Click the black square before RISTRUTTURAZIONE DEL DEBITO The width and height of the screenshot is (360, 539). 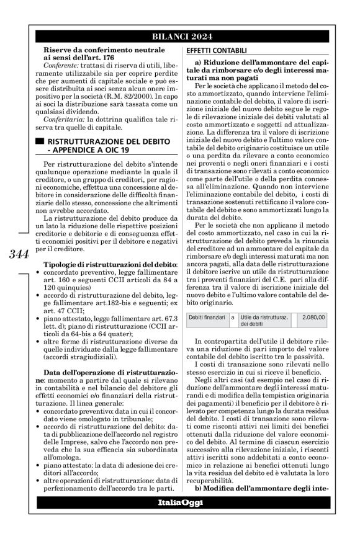pyautogui.click(x=40, y=142)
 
